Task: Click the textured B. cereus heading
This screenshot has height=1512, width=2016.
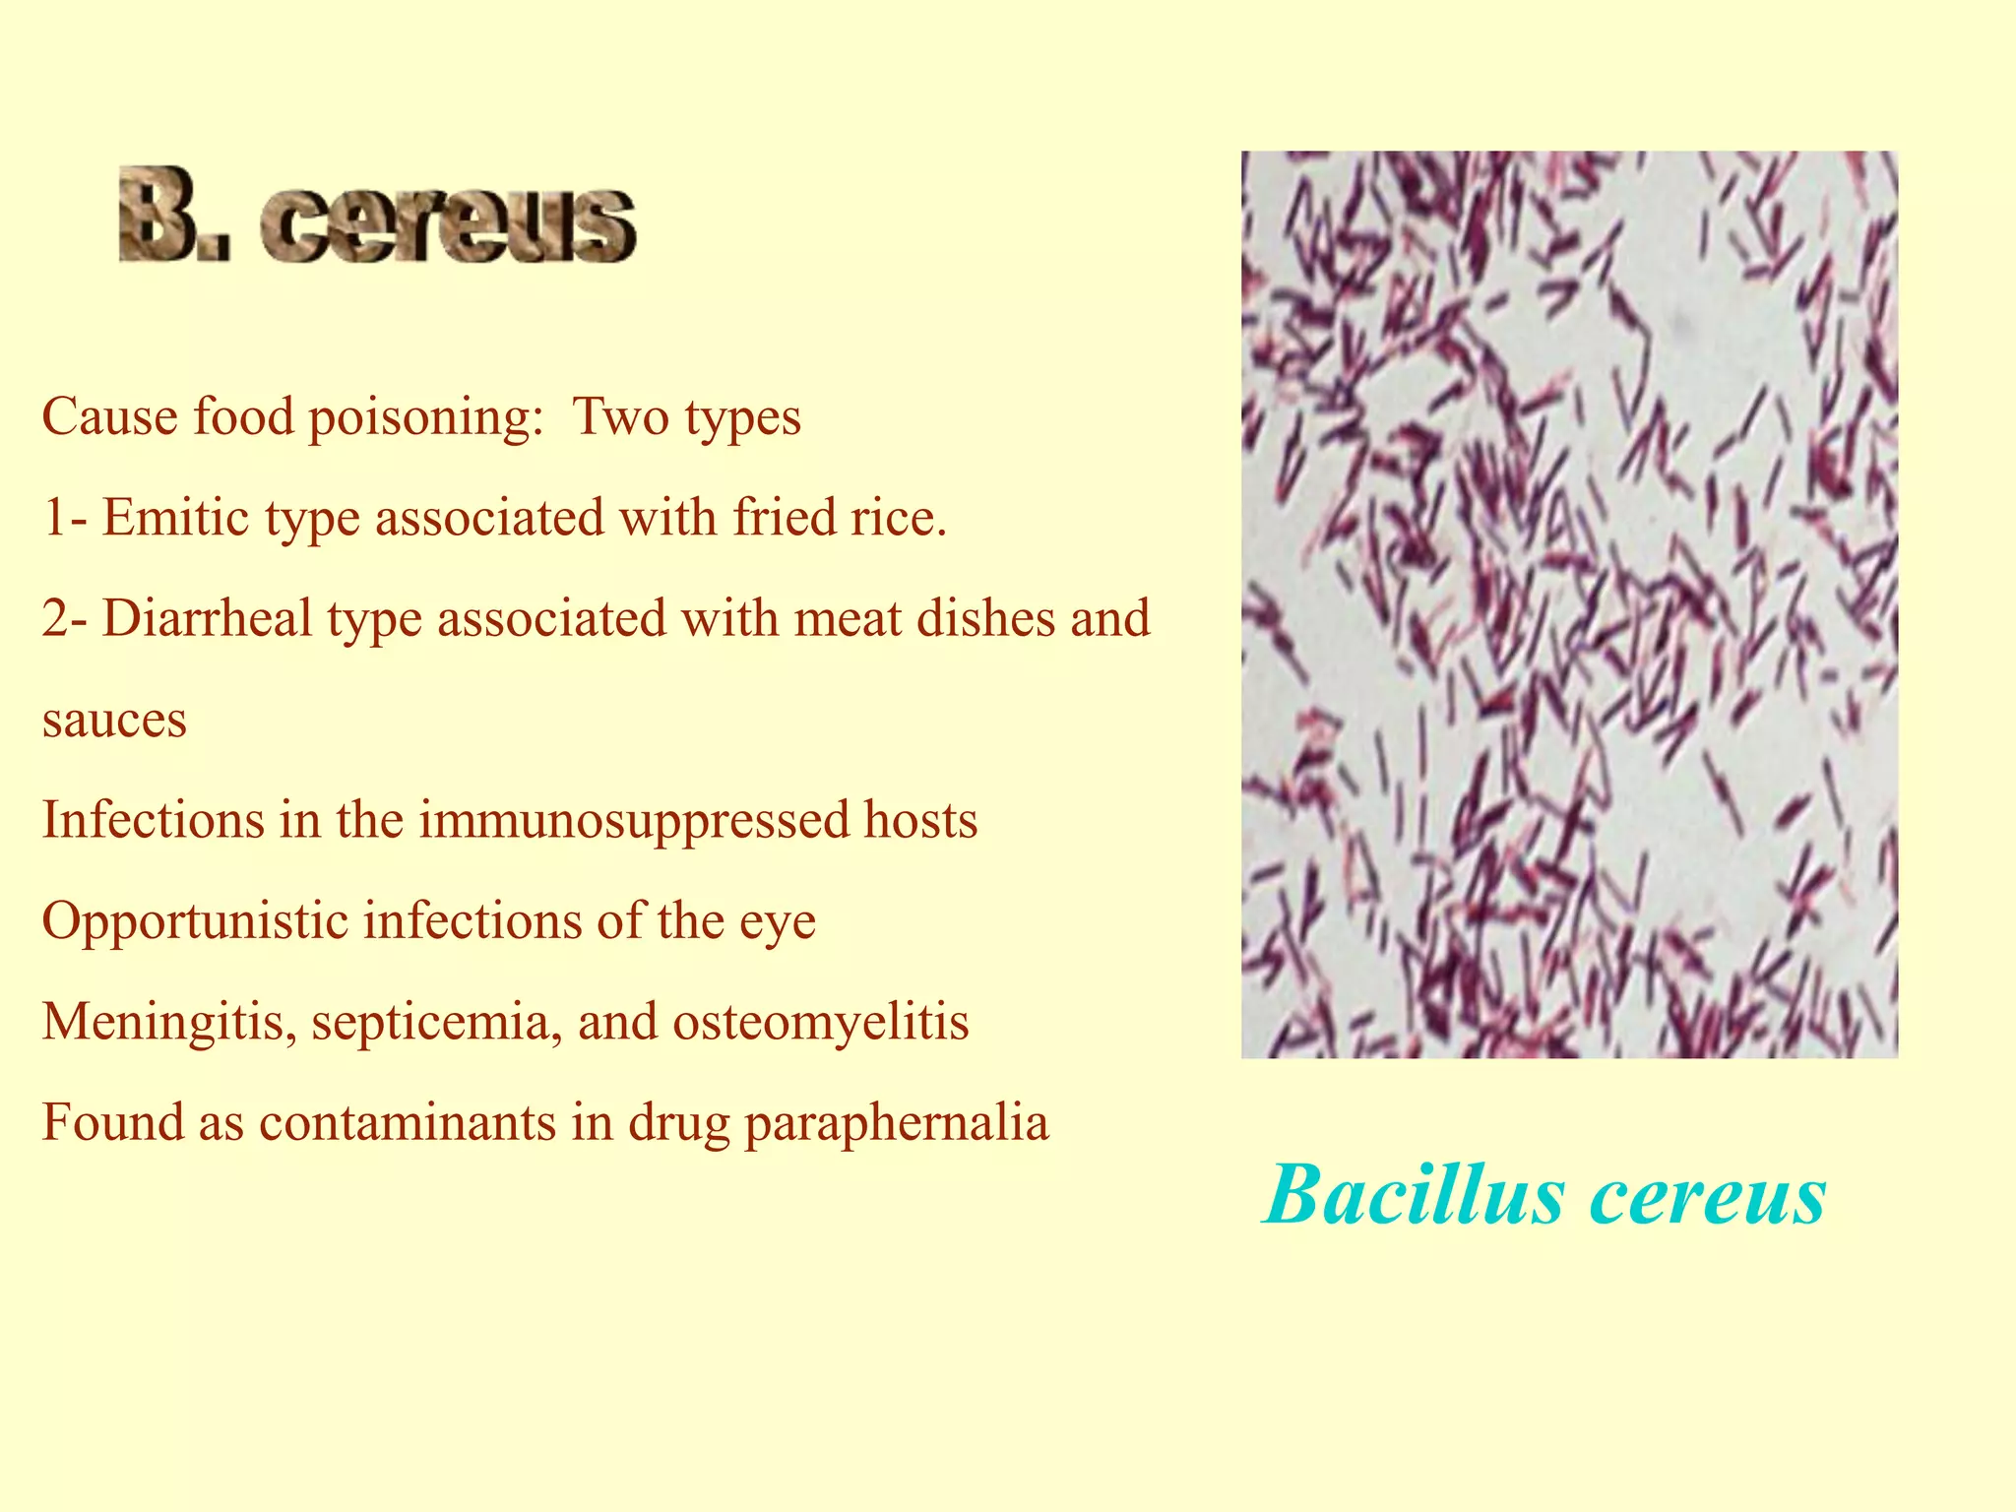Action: pyautogui.click(x=377, y=216)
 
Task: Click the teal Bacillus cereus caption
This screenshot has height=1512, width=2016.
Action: pyautogui.click(x=1544, y=1194)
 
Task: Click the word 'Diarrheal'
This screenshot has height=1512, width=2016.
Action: pyautogui.click(x=207, y=619)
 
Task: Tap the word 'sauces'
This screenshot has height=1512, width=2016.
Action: pyautogui.click(x=114, y=720)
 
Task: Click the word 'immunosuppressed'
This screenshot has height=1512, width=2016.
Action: pyautogui.click(x=634, y=820)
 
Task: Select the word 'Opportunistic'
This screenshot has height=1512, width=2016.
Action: pyautogui.click(x=195, y=921)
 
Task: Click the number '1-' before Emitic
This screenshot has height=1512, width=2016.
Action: pyautogui.click(x=66, y=518)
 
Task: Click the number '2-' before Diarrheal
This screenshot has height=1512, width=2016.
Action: pyautogui.click(x=66, y=619)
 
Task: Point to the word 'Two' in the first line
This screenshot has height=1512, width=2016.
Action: pyautogui.click(x=620, y=417)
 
